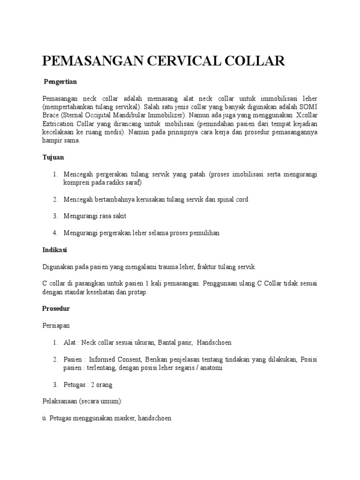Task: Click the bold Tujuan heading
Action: tap(53, 157)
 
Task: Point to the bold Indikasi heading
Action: tap(55, 250)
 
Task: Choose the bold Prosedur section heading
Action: tap(56, 309)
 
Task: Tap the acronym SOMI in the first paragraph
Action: tap(309, 106)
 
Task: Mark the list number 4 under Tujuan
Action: tap(55, 233)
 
